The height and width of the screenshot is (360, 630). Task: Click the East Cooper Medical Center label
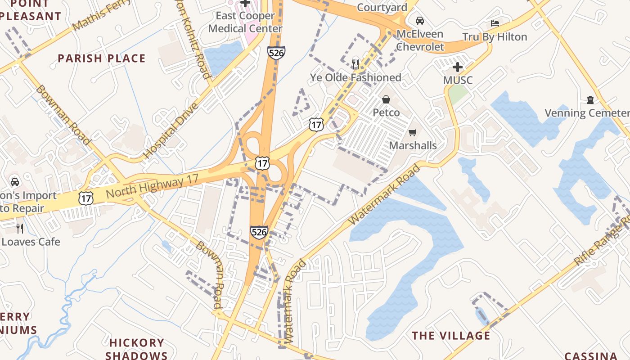pos(245,22)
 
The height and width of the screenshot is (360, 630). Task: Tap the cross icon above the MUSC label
pos(458,67)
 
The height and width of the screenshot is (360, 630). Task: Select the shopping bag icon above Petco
pos(386,99)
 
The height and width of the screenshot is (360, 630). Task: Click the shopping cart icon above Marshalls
pos(412,132)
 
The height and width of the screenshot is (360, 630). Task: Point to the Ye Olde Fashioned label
pos(355,78)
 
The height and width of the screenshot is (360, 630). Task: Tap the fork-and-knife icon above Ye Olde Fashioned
pos(355,64)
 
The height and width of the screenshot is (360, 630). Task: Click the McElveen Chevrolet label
pos(420,40)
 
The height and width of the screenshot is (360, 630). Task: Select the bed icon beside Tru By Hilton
pos(495,23)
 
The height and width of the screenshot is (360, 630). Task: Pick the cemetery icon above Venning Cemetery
pos(590,100)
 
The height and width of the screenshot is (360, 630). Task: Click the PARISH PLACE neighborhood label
pos(102,58)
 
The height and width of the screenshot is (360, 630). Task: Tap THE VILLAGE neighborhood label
pos(451,336)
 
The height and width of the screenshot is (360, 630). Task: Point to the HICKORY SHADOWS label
pos(136,349)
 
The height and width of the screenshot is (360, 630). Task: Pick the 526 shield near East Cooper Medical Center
pos(276,53)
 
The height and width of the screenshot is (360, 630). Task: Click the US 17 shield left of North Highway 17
pos(85,198)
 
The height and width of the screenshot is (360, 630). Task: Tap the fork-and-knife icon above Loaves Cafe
pos(20,228)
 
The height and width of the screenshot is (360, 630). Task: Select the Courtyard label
pos(382,7)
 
